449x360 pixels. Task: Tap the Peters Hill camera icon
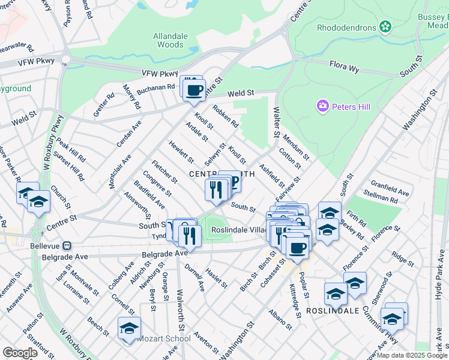coord(323,107)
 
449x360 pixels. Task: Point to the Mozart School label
coord(164,338)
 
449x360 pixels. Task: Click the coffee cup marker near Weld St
coord(194,91)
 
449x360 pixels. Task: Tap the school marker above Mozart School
coord(129,328)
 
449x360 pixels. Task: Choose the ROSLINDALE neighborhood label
coord(333,311)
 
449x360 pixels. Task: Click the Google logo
coord(20,353)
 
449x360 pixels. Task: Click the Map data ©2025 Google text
coord(412,355)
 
